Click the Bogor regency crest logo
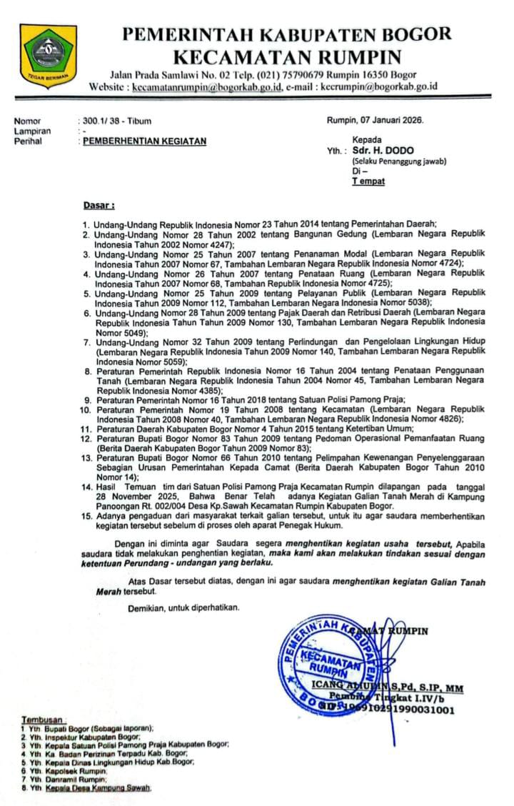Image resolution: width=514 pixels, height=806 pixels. click(x=48, y=56)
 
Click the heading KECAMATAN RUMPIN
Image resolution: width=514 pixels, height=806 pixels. click(x=288, y=56)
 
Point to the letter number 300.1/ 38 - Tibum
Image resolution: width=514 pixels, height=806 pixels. click(x=117, y=121)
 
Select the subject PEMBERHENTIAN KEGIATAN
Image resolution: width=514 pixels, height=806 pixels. click(x=145, y=141)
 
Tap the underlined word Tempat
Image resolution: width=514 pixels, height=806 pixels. click(x=368, y=181)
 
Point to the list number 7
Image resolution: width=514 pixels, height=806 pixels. click(x=87, y=344)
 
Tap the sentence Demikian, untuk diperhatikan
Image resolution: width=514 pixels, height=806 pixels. click(x=184, y=608)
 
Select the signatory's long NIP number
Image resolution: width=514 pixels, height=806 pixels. click(x=400, y=710)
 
